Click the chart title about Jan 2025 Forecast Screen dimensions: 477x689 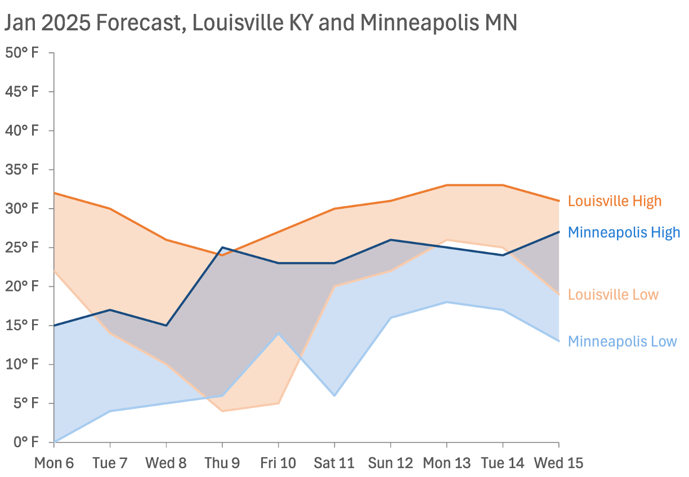tap(260, 23)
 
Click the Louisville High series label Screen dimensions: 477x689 tap(614, 201)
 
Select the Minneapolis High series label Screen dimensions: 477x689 tap(624, 232)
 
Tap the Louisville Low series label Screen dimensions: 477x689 tap(612, 294)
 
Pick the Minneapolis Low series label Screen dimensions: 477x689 tap(622, 341)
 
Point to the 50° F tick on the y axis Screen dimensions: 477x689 tap(22, 53)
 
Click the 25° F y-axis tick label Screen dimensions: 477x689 tap(22, 247)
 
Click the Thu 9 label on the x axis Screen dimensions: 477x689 tap(222, 463)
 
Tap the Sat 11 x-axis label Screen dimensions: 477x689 tap(334, 463)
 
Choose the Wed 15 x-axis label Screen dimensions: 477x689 tap(558, 463)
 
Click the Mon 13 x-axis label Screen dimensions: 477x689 tap(446, 463)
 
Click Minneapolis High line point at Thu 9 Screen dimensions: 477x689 tap(222, 247)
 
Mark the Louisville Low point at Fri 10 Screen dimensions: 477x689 tap(278, 403)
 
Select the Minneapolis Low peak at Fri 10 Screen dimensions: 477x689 tap(278, 334)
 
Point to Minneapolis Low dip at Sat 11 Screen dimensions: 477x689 tap(334, 395)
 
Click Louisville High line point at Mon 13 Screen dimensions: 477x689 tap(446, 185)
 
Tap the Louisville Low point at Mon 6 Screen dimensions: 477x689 tap(54, 271)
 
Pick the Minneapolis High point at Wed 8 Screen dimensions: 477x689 tap(166, 325)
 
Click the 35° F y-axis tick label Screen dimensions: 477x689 tap(22, 170)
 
